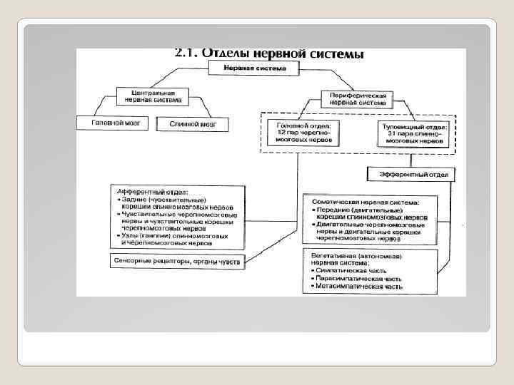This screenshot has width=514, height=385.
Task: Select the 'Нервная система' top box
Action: coord(255,68)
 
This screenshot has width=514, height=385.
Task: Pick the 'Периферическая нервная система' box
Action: coord(358,98)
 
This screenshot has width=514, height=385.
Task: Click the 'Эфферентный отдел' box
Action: coord(412,173)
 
